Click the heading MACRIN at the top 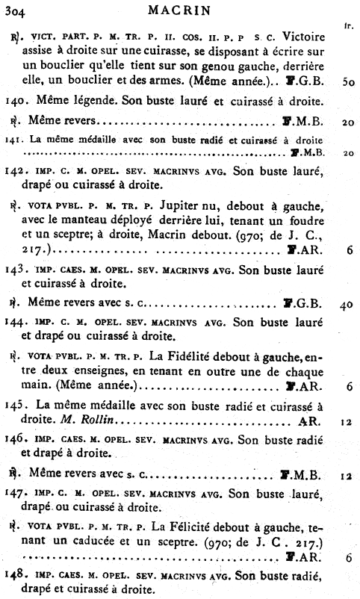(179, 10)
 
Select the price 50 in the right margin (347, 81)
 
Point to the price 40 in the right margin (347, 305)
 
